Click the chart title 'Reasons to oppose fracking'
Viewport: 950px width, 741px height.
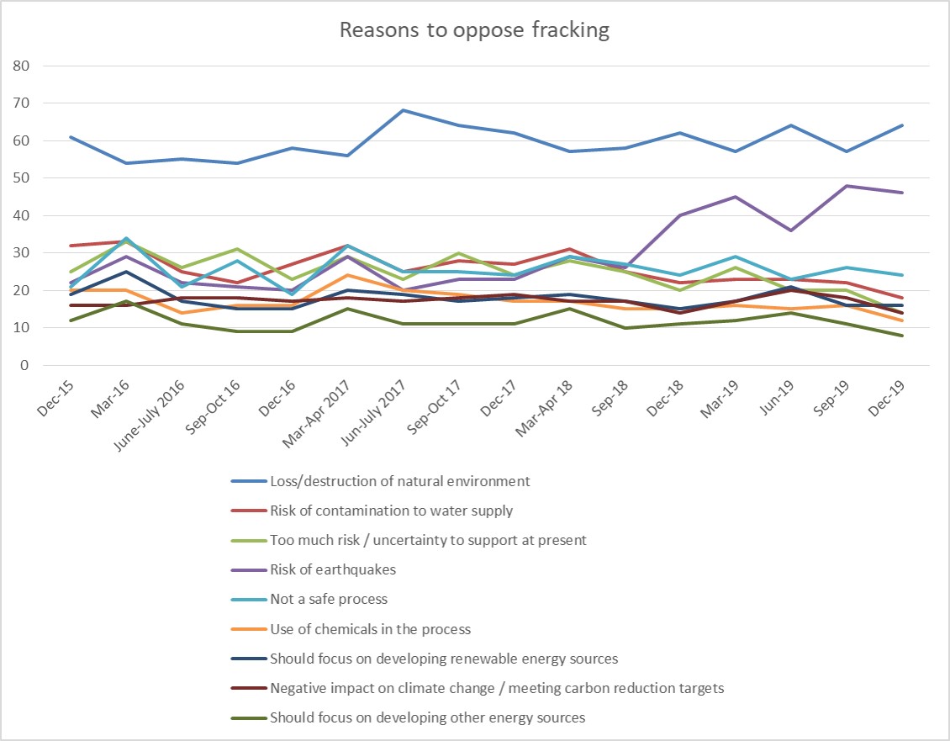pyautogui.click(x=474, y=31)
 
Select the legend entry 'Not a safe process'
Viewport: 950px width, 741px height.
pyautogui.click(x=329, y=599)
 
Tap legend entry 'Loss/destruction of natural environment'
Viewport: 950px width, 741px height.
pyautogui.click(x=399, y=481)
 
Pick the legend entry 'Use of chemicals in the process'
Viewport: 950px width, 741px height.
pyautogui.click(x=371, y=628)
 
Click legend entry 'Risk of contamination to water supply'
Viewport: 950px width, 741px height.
pyautogui.click(x=391, y=511)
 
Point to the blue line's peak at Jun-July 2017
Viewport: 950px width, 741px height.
pyautogui.click(x=403, y=110)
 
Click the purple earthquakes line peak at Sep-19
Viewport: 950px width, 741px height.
pyautogui.click(x=846, y=186)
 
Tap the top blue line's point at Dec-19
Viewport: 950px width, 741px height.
pyautogui.click(x=902, y=125)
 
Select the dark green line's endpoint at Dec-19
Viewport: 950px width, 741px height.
pyautogui.click(x=902, y=336)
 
